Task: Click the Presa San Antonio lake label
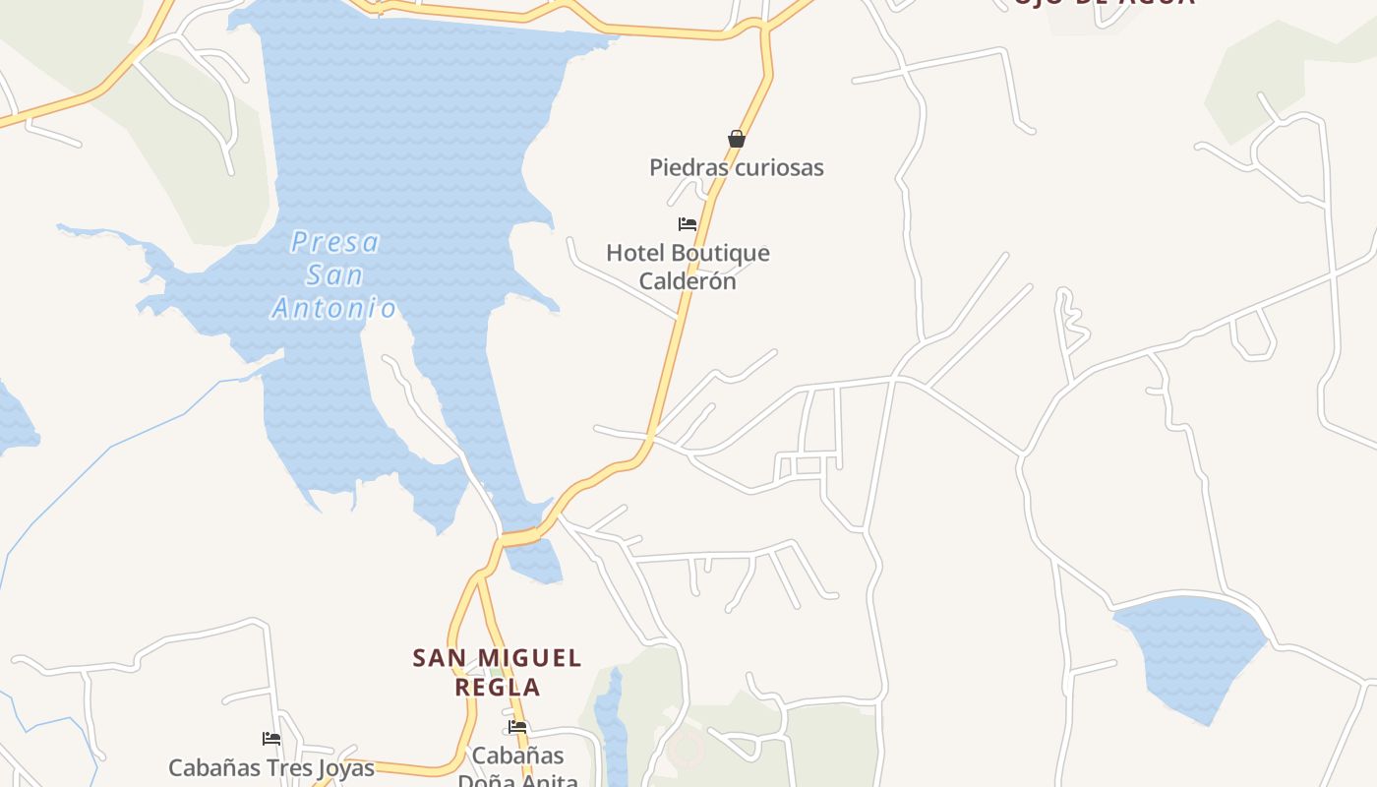coord(334,275)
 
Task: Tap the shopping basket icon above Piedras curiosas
coord(736,139)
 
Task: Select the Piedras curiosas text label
coord(736,167)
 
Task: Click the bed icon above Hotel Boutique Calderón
coord(688,224)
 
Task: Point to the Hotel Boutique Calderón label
coord(688,267)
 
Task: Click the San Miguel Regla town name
coord(497,672)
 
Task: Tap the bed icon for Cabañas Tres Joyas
coord(271,739)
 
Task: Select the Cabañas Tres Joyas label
coord(271,767)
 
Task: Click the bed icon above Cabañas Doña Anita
coord(518,727)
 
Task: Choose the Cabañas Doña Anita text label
coord(517,766)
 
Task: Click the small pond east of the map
coord(1190,649)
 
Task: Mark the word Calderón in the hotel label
coord(688,281)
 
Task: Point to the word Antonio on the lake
coord(334,309)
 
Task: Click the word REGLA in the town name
coord(498,687)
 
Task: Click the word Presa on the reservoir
coord(334,242)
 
